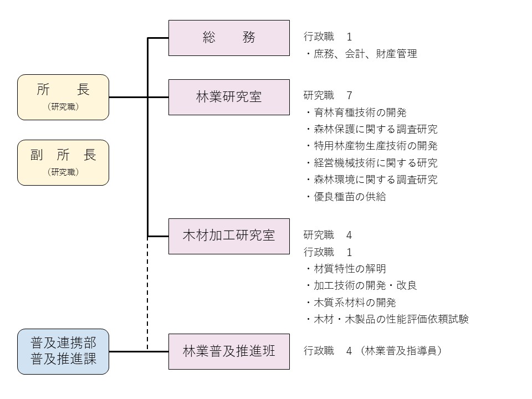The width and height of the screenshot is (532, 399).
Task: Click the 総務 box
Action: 229,38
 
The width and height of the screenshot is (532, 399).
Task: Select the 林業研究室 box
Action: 229,97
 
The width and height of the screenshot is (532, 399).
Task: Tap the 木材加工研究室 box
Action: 229,236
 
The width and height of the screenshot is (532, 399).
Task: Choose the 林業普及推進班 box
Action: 229,351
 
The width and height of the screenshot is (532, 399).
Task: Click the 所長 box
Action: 63,97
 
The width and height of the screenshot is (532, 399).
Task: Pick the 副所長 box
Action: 63,162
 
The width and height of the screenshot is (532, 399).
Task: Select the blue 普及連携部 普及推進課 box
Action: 63,351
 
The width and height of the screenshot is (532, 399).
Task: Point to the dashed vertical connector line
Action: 147,294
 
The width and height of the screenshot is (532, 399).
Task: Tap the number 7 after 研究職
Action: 349,96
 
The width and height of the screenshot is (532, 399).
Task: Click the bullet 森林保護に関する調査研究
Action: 371,129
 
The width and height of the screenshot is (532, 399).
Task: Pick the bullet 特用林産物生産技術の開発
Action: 371,146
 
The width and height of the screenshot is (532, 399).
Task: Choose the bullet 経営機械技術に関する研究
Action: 371,162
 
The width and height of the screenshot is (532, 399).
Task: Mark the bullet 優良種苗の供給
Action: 345,196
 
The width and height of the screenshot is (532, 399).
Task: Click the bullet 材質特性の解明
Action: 345,269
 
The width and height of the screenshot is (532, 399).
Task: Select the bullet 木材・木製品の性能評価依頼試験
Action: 386,319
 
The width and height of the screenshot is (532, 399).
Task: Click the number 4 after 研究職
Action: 349,235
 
